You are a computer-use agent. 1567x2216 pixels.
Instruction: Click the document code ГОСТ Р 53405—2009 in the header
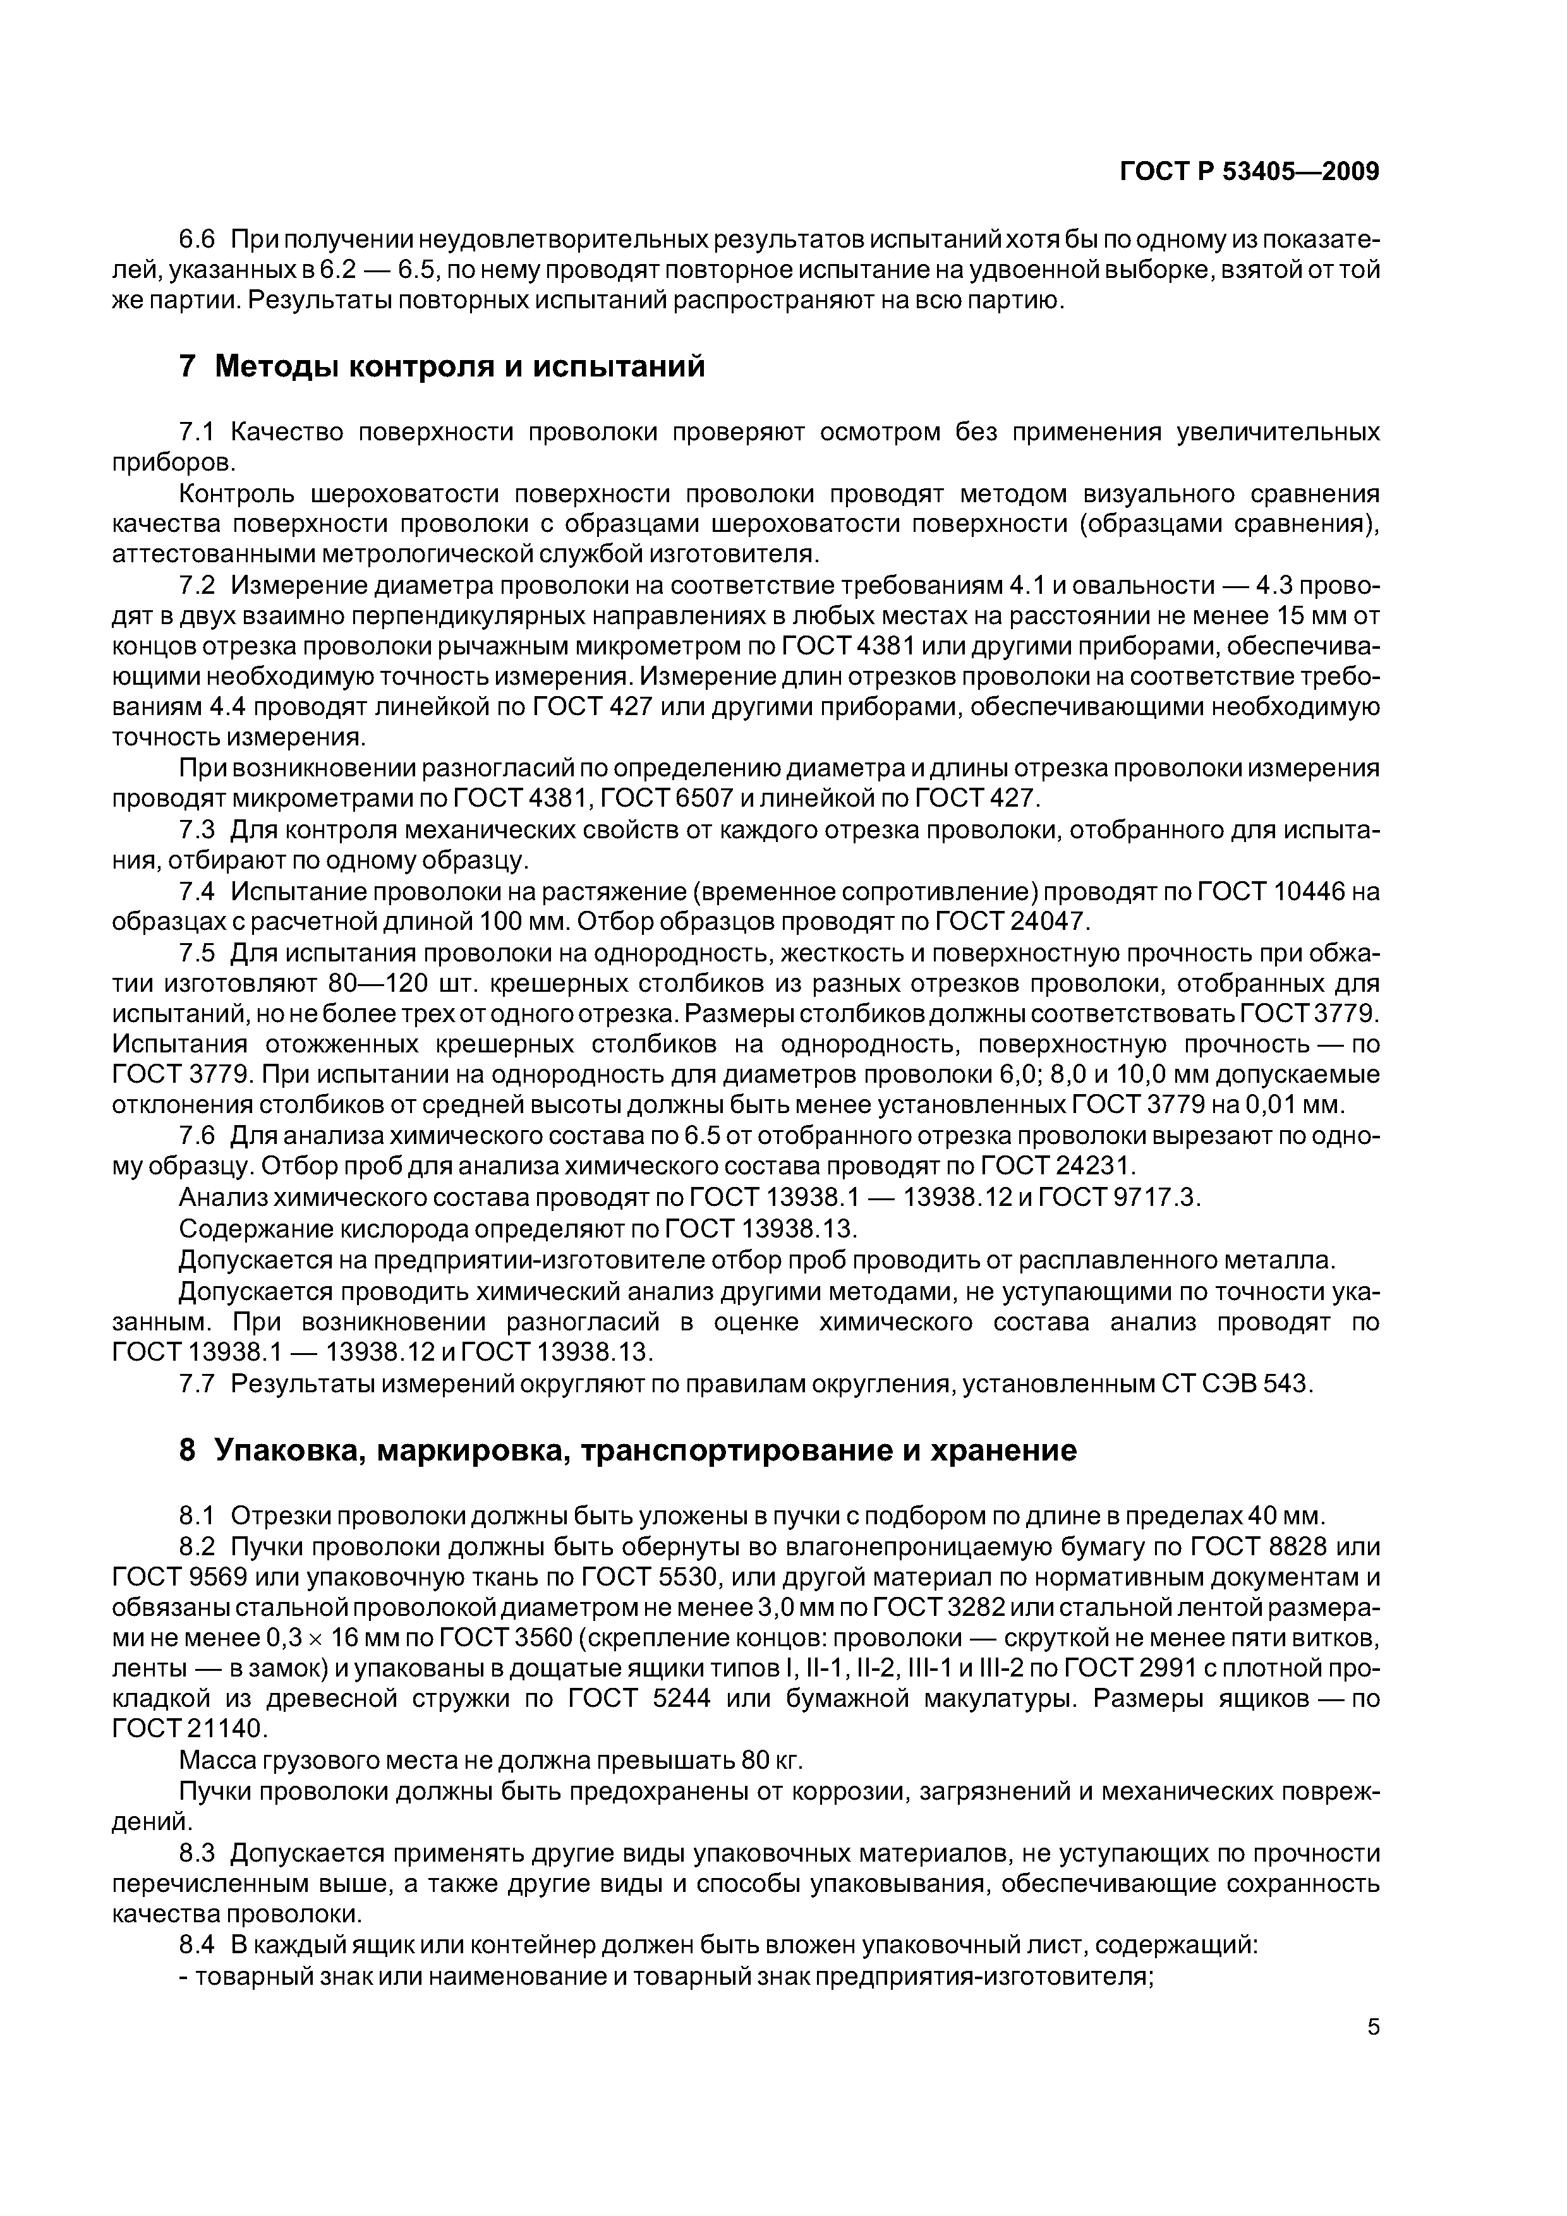[x=1249, y=172]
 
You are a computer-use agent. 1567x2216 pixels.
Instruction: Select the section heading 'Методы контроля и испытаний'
[x=459, y=367]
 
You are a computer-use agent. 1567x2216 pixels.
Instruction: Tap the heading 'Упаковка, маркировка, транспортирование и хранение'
[x=644, y=1477]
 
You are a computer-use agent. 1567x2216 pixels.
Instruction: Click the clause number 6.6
[x=201, y=239]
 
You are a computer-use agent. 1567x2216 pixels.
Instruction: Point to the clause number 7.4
[x=201, y=892]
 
